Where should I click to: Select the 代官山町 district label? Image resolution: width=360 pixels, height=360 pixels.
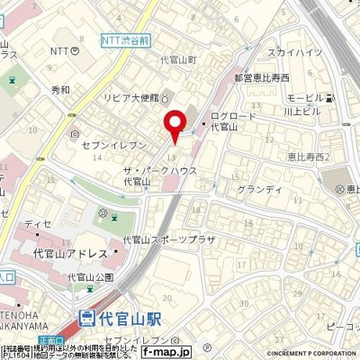coord(178,59)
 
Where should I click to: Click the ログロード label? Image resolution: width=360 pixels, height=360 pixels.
coord(233,117)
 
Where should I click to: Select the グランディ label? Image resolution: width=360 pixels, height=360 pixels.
coord(259,190)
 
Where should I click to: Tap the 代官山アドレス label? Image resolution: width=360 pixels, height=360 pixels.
coord(70,256)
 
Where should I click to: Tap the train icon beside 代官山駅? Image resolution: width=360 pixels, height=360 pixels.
coord(87,317)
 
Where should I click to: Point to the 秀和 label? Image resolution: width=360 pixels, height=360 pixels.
coord(60,90)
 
